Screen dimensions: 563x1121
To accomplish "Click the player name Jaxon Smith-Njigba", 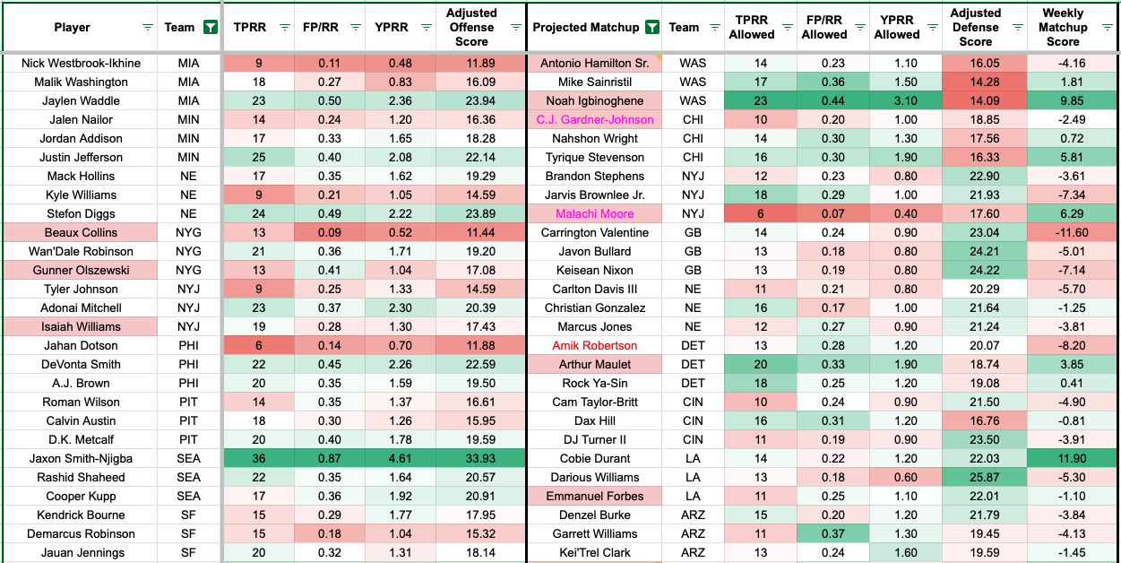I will (x=81, y=458).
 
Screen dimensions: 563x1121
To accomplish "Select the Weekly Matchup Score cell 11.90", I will (x=1063, y=458).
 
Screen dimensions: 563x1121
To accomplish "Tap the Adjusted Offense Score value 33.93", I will (x=471, y=458).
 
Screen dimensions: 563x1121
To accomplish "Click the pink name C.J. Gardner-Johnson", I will (x=594, y=119).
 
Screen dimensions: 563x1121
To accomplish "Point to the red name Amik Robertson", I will (x=594, y=345).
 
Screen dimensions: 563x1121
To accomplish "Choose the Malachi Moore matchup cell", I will (x=594, y=213).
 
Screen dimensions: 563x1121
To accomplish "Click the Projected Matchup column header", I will (x=586, y=27).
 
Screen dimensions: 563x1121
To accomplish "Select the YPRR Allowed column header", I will (x=896, y=27).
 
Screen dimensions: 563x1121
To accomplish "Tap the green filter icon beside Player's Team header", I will (x=210, y=27).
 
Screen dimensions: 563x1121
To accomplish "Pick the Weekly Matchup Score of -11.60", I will (x=1063, y=232).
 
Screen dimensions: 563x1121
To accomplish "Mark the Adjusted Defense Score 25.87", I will (x=976, y=477).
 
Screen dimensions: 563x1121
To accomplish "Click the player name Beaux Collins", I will (x=81, y=232).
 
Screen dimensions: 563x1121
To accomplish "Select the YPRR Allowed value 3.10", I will (x=896, y=100).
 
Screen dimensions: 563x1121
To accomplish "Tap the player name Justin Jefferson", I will (x=81, y=157).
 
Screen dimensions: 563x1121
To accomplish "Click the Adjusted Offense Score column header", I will (x=471, y=27).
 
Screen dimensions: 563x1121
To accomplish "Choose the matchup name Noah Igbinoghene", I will (x=594, y=100).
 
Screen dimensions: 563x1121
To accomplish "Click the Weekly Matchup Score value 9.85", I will (x=1063, y=100).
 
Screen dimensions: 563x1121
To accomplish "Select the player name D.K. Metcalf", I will (x=81, y=439).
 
